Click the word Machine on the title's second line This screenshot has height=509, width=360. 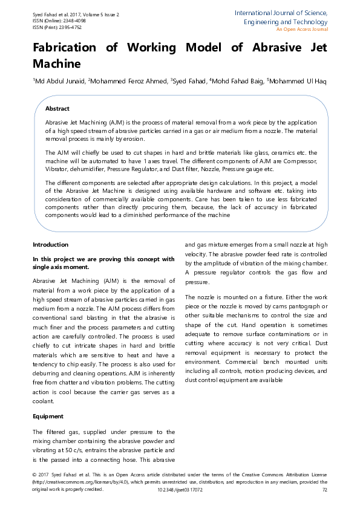[x=56, y=62]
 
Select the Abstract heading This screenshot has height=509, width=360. [x=57, y=108]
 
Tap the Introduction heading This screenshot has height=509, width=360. [x=50, y=245]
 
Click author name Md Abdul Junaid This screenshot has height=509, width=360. [x=60, y=81]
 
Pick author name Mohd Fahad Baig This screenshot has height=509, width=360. [x=238, y=81]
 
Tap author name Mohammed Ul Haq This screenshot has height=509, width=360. [x=298, y=81]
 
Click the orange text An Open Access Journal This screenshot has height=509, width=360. [x=302, y=29]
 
